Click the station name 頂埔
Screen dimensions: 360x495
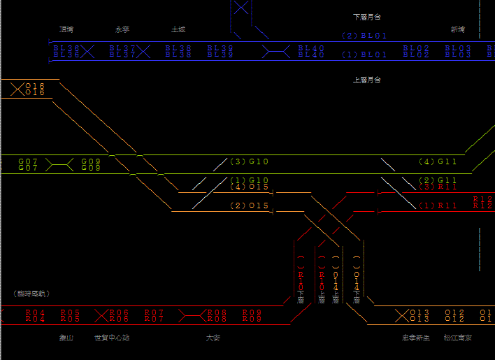66,30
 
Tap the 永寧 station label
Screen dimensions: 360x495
122,30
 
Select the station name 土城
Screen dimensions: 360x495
178,30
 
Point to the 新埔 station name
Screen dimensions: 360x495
457,30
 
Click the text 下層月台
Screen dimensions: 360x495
367,16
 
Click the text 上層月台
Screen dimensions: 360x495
367,80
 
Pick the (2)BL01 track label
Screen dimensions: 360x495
364,36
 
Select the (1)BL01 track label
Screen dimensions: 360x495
364,54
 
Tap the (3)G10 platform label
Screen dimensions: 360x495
250,162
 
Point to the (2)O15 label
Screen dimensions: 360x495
250,206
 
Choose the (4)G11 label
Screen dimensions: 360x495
438,162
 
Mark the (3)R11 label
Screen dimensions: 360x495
438,187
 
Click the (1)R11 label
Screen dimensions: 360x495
438,206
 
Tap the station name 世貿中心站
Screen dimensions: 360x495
112,338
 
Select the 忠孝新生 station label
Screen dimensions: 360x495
415,338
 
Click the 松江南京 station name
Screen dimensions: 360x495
457,338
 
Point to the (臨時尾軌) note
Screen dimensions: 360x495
31,294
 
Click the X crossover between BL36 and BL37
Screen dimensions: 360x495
87,51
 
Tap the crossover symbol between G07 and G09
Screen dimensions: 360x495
60,165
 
